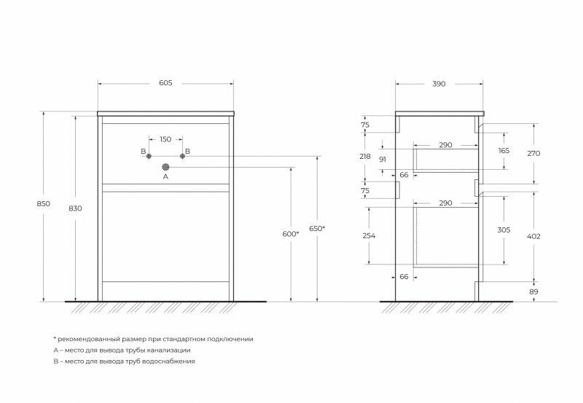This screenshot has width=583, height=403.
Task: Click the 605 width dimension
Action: pyautogui.click(x=165, y=84)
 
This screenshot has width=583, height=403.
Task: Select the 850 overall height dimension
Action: pyautogui.click(x=43, y=204)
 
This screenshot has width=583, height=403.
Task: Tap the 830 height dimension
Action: pyautogui.click(x=75, y=208)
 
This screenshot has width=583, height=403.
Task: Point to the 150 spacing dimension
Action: pyautogui.click(x=165, y=138)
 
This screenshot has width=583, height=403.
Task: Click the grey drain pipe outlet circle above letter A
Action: pyautogui.click(x=165, y=167)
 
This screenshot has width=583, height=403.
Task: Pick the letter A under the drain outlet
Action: pyautogui.click(x=165, y=176)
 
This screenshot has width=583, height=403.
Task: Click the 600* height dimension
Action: pyautogui.click(x=290, y=233)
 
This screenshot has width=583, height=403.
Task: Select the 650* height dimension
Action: pyautogui.click(x=318, y=228)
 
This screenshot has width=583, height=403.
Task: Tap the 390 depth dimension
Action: pyautogui.click(x=439, y=84)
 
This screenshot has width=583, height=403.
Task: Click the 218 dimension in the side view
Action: pyautogui.click(x=365, y=157)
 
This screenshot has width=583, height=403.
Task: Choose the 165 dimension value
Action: pyautogui.click(x=504, y=150)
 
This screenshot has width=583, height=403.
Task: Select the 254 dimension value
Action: pyautogui.click(x=369, y=235)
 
